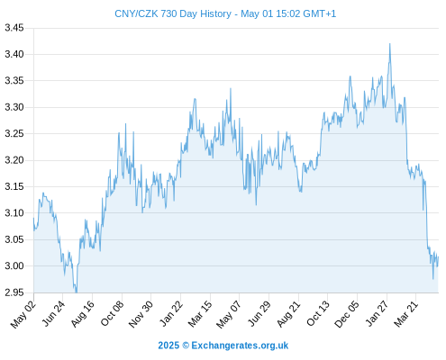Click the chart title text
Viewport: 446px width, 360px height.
coord(225,13)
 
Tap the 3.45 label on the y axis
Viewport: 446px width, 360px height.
coord(14,28)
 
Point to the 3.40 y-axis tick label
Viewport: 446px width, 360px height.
coord(14,54)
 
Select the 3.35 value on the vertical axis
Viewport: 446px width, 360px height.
coord(14,81)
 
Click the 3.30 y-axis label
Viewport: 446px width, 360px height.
coord(14,107)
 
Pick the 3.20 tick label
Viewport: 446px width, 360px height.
coord(14,160)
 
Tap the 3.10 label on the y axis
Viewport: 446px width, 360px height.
coord(14,213)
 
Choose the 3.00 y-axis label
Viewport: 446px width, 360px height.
coord(14,265)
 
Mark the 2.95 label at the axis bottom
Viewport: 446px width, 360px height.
coord(14,292)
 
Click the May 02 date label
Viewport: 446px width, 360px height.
coord(23,314)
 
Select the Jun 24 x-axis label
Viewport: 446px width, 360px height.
coord(53,314)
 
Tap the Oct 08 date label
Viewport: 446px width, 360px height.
coord(112,314)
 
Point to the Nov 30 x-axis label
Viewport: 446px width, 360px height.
coord(141,314)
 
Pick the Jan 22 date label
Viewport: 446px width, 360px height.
coord(170,314)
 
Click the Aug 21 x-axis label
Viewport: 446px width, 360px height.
coord(288,314)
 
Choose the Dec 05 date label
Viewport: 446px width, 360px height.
coord(347,314)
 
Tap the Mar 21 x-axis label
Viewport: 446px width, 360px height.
coord(406,314)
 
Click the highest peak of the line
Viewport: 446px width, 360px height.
coord(390,44)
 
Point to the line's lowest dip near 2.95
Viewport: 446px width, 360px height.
coord(77,292)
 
